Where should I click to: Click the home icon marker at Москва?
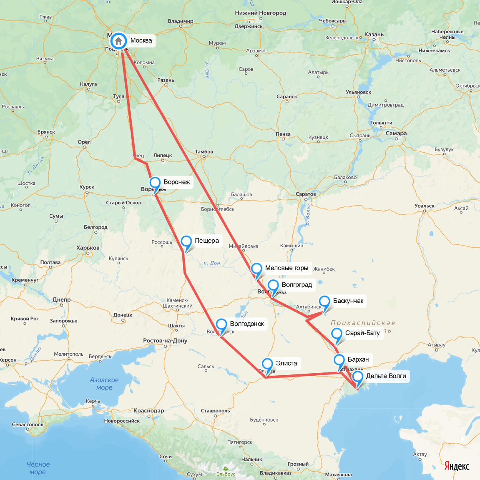118,41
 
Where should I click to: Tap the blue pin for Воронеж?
155,183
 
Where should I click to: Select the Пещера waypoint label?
206,241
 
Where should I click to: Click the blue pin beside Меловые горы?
256,269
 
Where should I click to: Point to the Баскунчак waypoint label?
348,301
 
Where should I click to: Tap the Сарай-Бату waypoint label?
362,333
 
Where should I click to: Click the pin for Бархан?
339,360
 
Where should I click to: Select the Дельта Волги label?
386,376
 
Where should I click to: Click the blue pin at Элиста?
267,364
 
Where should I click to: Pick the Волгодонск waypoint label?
247,324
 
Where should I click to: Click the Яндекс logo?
456,466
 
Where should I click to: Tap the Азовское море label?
104,384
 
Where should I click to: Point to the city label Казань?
374,34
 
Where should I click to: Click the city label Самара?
396,133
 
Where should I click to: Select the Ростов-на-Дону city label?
165,341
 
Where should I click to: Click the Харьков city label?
88,248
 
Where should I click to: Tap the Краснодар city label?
148,411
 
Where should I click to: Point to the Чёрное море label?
38,468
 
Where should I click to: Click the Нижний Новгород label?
260,13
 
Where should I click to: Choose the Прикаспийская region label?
362,323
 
